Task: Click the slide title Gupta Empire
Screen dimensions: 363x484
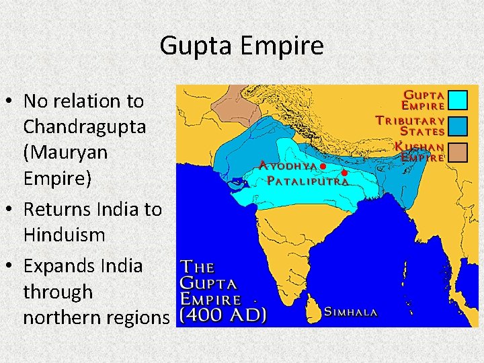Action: pos(241,46)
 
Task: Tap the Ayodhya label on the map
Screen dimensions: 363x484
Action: pos(288,165)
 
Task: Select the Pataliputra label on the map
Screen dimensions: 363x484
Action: pos(307,181)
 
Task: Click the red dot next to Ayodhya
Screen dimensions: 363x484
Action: pos(323,165)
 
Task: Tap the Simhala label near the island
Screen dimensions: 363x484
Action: pos(351,312)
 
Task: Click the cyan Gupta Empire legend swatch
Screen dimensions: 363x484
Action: pos(457,100)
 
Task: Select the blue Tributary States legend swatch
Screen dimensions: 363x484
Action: pos(457,125)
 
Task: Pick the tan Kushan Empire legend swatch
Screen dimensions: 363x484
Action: pos(457,152)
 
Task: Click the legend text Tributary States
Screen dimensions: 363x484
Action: pos(411,126)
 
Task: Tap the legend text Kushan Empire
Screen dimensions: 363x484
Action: pos(419,152)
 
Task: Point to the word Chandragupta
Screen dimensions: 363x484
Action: pos(84,126)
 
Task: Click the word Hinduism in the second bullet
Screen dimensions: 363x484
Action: pos(64,235)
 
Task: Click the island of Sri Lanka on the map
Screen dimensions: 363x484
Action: pos(313,308)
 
